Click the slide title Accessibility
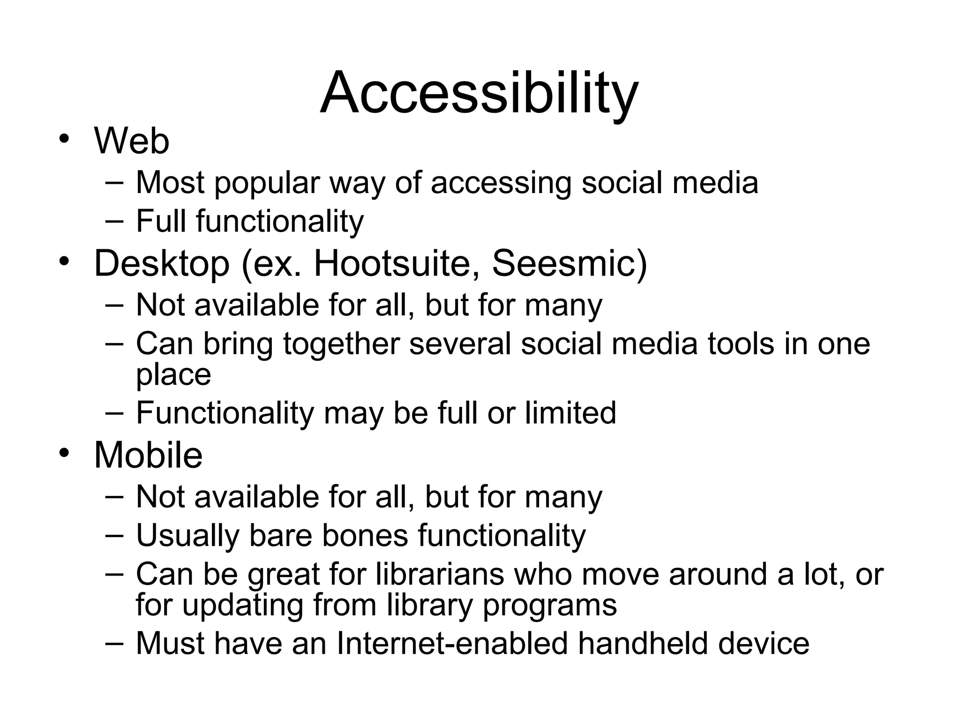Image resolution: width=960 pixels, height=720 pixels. click(479, 92)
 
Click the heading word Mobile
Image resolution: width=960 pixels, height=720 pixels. click(148, 455)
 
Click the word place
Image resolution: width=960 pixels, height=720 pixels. click(173, 375)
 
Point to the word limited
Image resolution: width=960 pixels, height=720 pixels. click(570, 413)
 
